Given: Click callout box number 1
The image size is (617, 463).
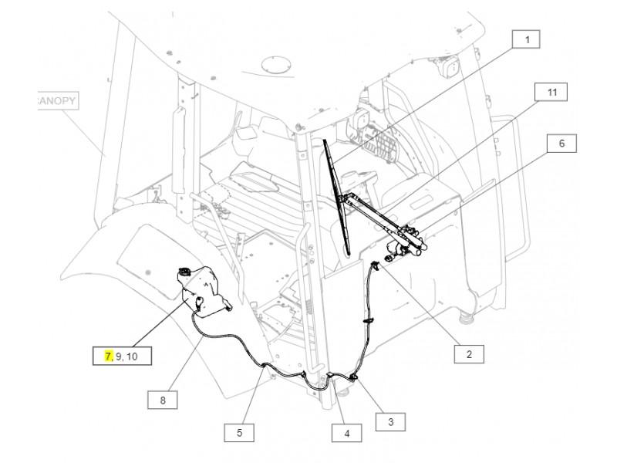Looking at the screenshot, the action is [526, 39].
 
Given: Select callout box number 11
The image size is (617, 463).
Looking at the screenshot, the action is [551, 92].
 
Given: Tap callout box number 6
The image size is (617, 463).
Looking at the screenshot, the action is [561, 144].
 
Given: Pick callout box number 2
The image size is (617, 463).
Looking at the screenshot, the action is [469, 354].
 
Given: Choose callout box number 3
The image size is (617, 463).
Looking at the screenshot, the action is [390, 421].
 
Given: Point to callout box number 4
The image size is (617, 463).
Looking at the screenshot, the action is [346, 433].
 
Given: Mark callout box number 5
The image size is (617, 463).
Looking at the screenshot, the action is [239, 433].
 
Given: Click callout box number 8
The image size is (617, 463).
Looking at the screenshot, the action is [163, 400].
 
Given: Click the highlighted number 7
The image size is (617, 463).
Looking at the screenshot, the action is [108, 356].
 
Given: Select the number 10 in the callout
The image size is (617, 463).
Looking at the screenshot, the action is [132, 357].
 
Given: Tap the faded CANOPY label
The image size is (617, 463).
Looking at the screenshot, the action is [56, 101].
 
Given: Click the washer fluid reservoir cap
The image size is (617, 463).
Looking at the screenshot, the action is [184, 271].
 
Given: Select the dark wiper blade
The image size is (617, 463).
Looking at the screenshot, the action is [336, 197].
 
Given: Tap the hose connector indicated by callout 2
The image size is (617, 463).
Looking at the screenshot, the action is [376, 265].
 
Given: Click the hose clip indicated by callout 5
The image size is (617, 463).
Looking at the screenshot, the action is [264, 366].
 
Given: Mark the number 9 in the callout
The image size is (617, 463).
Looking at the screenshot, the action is [119, 357].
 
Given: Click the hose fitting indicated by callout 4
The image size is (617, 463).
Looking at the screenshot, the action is [331, 375].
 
